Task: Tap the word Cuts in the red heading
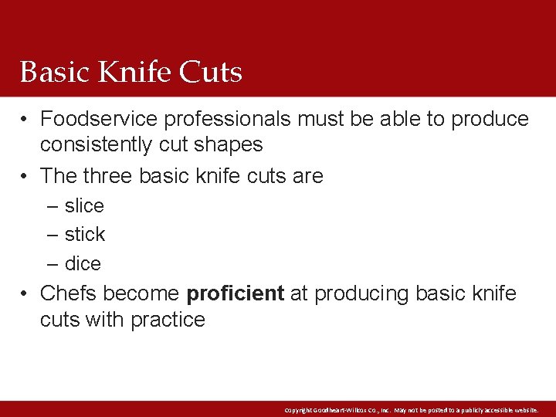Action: click(x=211, y=73)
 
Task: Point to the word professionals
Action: click(x=228, y=119)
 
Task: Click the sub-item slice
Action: click(x=84, y=206)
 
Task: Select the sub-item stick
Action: click(x=85, y=234)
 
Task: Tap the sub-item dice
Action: click(x=83, y=263)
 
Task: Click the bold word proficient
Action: click(x=236, y=294)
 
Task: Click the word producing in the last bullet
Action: click(x=361, y=294)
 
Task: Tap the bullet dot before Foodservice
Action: click(x=25, y=120)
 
